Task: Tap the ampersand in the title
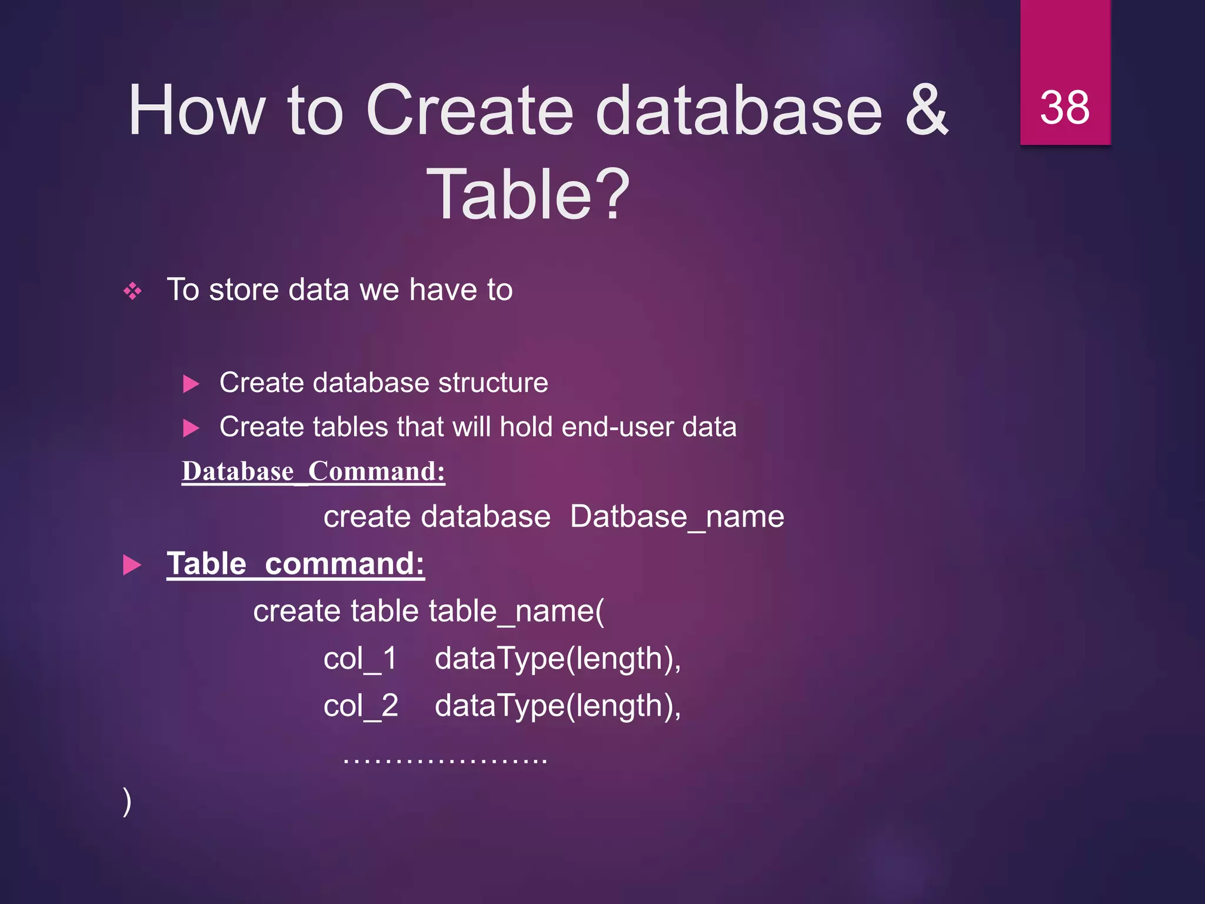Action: point(926,110)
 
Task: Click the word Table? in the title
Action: point(528,195)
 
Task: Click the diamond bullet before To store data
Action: point(132,291)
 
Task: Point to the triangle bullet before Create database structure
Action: point(191,384)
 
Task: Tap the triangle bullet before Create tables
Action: point(191,428)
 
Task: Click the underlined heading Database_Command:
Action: point(314,472)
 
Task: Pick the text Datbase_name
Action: point(677,517)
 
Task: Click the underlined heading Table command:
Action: point(295,564)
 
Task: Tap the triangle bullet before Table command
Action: point(132,565)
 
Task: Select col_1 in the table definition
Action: point(360,659)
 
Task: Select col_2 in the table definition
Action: point(360,706)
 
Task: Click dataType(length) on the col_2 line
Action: point(557,706)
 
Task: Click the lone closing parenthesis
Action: point(127,802)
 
